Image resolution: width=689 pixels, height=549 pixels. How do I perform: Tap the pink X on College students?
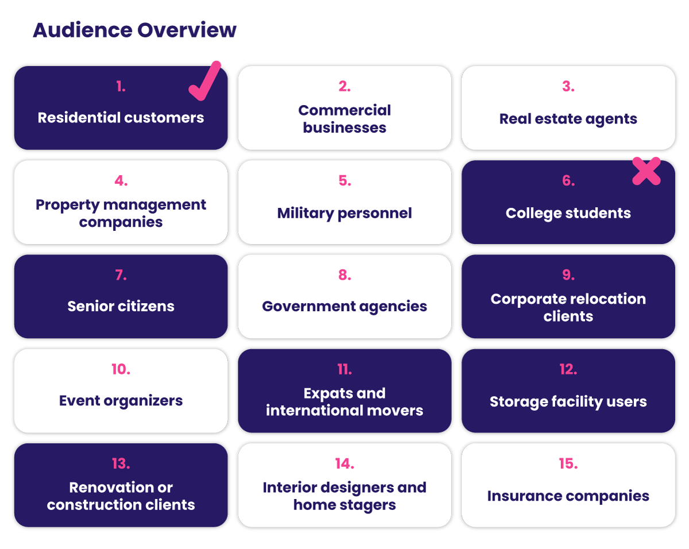[647, 171]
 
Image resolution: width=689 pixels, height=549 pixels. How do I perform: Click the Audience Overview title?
[134, 30]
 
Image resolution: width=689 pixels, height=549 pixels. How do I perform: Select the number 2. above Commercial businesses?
[344, 87]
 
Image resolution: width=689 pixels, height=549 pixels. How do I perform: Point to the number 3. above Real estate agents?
[568, 87]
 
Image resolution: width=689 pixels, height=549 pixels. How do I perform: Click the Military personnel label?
[344, 213]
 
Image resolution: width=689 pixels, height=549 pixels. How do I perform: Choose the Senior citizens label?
[121, 306]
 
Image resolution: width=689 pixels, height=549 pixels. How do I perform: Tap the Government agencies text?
[344, 306]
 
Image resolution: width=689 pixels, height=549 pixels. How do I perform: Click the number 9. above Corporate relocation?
[568, 275]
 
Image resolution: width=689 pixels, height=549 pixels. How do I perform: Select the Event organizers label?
[121, 400]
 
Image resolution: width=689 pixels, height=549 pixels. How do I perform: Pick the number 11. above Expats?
[344, 369]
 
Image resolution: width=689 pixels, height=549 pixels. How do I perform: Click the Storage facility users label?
[568, 401]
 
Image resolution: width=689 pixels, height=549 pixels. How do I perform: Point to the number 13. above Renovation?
[121, 463]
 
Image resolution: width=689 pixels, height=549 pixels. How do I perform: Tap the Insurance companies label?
[568, 496]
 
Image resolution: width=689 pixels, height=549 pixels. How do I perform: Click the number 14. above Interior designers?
[344, 463]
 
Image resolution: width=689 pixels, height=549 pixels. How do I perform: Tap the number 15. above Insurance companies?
[568, 463]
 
